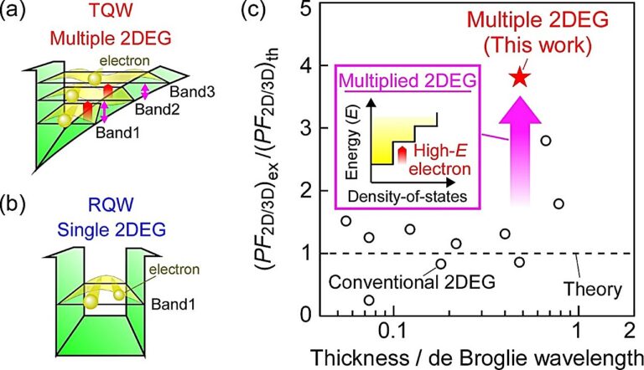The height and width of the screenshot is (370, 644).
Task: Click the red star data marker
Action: (520, 77)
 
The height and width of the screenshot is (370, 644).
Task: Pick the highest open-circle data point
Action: (546, 141)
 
